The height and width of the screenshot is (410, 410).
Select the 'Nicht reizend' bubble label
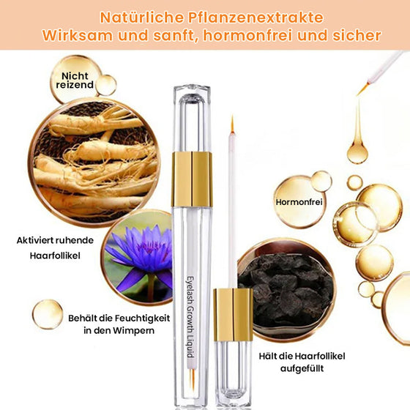tap(78, 80)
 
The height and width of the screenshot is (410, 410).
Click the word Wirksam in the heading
tap(78, 35)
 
